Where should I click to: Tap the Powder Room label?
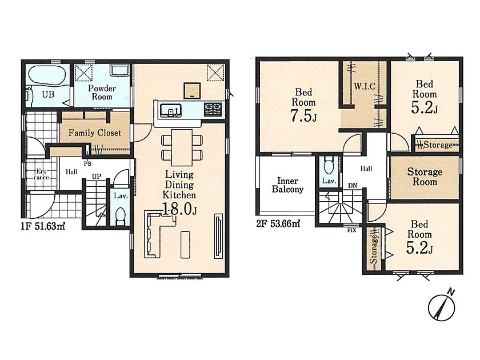point(102,93)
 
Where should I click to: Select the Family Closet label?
point(95,133)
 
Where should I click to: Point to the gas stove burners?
point(213,110)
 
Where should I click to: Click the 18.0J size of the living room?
point(179,209)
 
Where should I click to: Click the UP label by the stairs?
point(97,177)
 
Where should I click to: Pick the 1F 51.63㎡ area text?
point(43,226)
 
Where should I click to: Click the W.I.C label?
point(365,86)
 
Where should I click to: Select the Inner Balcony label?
point(287,185)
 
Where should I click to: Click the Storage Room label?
point(425,177)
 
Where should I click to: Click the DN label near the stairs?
point(353,186)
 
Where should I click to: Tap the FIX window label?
point(351,230)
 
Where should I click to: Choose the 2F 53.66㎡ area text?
point(278,224)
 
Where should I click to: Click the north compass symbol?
point(442,306)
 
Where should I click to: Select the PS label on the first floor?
point(87,164)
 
